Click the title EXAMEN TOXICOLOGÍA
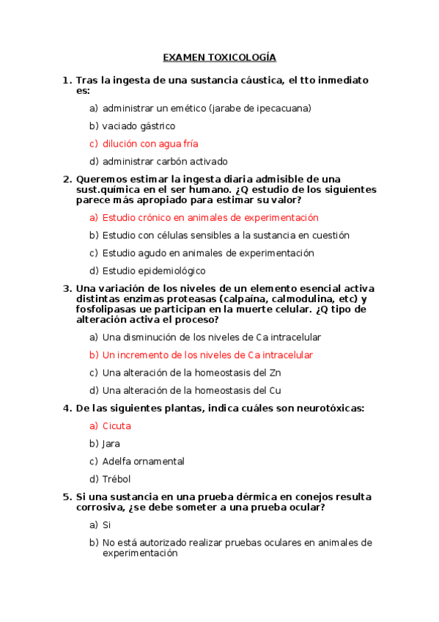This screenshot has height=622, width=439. coord(219,57)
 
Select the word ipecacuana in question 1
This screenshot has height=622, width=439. coord(284,109)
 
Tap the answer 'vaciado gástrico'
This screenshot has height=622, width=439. coord(139,126)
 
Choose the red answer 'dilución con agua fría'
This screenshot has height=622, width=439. coord(150,144)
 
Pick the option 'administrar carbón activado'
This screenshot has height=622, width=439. coord(165,161)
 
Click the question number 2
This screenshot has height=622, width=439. coord(67,180)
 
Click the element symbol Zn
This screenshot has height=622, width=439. coord(275,373)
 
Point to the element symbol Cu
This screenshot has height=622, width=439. coord(275,390)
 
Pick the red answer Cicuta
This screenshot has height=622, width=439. coord(117,426)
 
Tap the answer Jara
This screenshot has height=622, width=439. coord(111,444)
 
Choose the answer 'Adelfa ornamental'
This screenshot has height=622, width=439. coord(143,461)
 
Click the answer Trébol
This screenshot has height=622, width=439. coord(117,479)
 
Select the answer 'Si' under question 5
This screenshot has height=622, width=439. coord(106,525)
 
